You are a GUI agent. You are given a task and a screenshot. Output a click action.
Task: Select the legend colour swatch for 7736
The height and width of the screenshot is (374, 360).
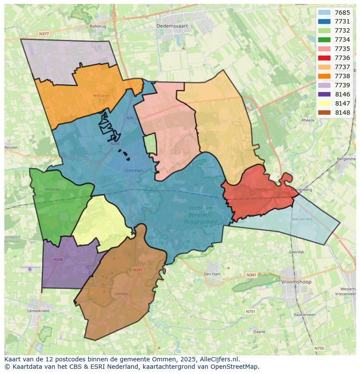[324, 58]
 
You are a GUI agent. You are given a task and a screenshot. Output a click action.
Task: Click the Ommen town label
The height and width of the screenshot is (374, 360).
[133, 171]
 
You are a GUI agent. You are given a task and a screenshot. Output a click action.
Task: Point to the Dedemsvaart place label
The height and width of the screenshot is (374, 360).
[170, 26]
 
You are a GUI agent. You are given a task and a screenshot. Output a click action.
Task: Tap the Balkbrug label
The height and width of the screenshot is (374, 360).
[98, 26]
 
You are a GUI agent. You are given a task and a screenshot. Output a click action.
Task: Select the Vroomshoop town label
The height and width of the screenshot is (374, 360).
[296, 282]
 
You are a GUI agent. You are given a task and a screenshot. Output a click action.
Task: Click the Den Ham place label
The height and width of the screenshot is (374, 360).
[213, 274]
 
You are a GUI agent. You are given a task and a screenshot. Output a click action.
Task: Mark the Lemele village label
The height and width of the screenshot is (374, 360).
[121, 294]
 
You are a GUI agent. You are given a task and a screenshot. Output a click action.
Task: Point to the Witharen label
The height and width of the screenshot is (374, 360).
[101, 96]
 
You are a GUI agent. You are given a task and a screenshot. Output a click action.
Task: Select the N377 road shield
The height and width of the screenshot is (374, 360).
[43, 33]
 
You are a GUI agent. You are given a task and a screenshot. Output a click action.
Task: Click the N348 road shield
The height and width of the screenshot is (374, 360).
[58, 260]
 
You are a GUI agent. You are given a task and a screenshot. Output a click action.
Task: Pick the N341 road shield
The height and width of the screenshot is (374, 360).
[251, 275]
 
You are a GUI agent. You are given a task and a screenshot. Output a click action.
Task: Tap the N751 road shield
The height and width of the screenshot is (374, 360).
[250, 311]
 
